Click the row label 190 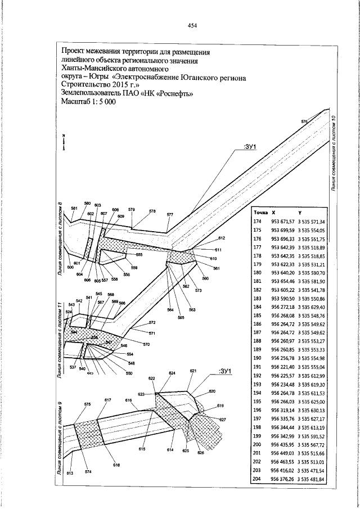click(x=258, y=358)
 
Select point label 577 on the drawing click(x=170, y=214)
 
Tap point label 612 click(x=221, y=238)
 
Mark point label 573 click(x=198, y=290)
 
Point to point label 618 click(x=116, y=465)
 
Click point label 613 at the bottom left click(x=70, y=473)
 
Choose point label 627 click(x=222, y=420)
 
